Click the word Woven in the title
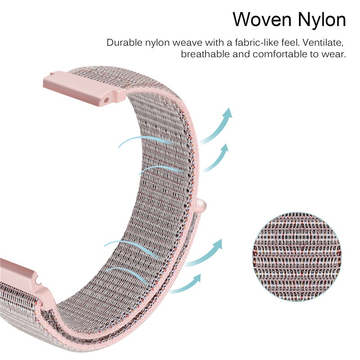[x=261, y=20]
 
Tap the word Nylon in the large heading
[x=319, y=20]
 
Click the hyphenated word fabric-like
[x=250, y=43]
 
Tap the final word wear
[x=334, y=54]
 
